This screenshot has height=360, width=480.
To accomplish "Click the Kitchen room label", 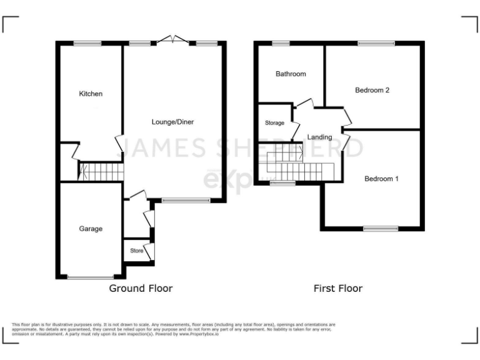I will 91,94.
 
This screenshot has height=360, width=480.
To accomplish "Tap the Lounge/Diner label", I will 172,122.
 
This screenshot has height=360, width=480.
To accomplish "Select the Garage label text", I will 91,229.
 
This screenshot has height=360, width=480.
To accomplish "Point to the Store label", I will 136,251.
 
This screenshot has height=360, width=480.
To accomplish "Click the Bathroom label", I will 291,74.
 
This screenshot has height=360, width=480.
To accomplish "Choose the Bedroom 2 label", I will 372,90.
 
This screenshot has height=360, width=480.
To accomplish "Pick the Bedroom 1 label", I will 381,179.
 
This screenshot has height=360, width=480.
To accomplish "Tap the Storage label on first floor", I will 274,123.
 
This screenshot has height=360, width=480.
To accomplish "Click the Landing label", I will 319,137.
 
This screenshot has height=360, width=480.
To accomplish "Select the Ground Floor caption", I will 141,288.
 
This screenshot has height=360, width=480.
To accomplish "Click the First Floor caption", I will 337,288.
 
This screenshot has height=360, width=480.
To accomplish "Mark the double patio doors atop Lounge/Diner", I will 172,41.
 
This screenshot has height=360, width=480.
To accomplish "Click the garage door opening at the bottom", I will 91,277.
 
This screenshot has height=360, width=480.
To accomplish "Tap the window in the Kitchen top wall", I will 87,43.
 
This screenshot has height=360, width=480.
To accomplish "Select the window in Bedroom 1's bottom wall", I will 381,229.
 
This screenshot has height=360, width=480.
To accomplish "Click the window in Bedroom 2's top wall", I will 376,43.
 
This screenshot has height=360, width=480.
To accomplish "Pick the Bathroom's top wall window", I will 281,43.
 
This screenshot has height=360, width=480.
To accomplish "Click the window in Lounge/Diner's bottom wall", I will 186,201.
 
